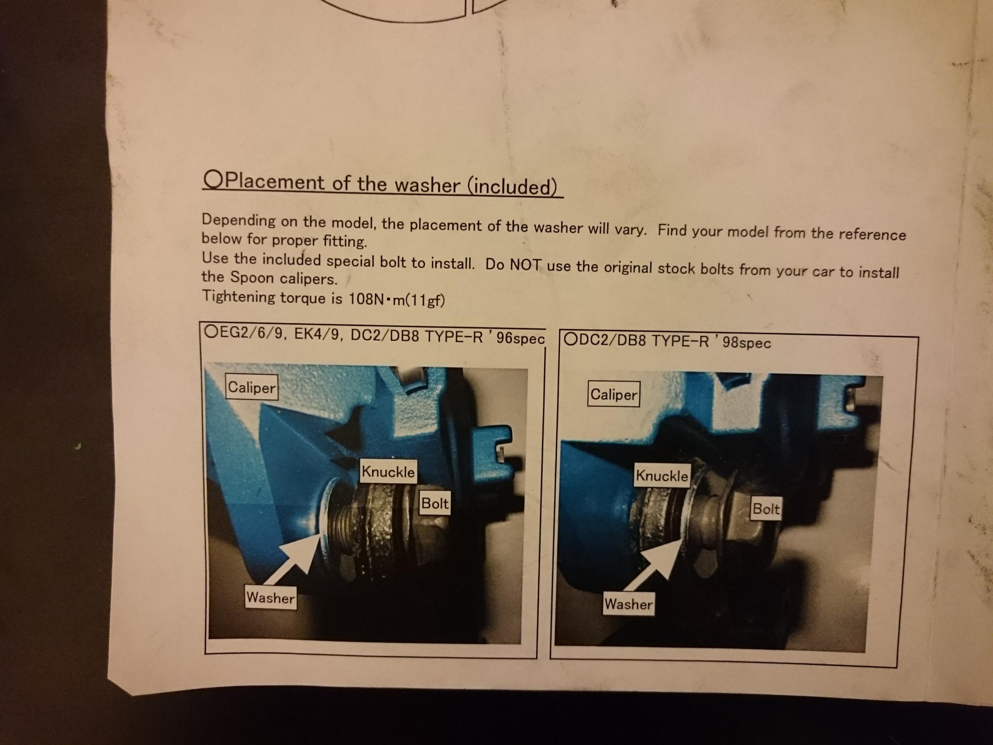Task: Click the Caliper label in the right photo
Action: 613,394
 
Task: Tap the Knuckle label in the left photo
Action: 388,471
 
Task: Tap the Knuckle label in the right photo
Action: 662,475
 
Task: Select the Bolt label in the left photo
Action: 434,503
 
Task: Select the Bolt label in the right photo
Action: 766,508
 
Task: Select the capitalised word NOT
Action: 526,265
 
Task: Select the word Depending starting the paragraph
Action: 239,220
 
